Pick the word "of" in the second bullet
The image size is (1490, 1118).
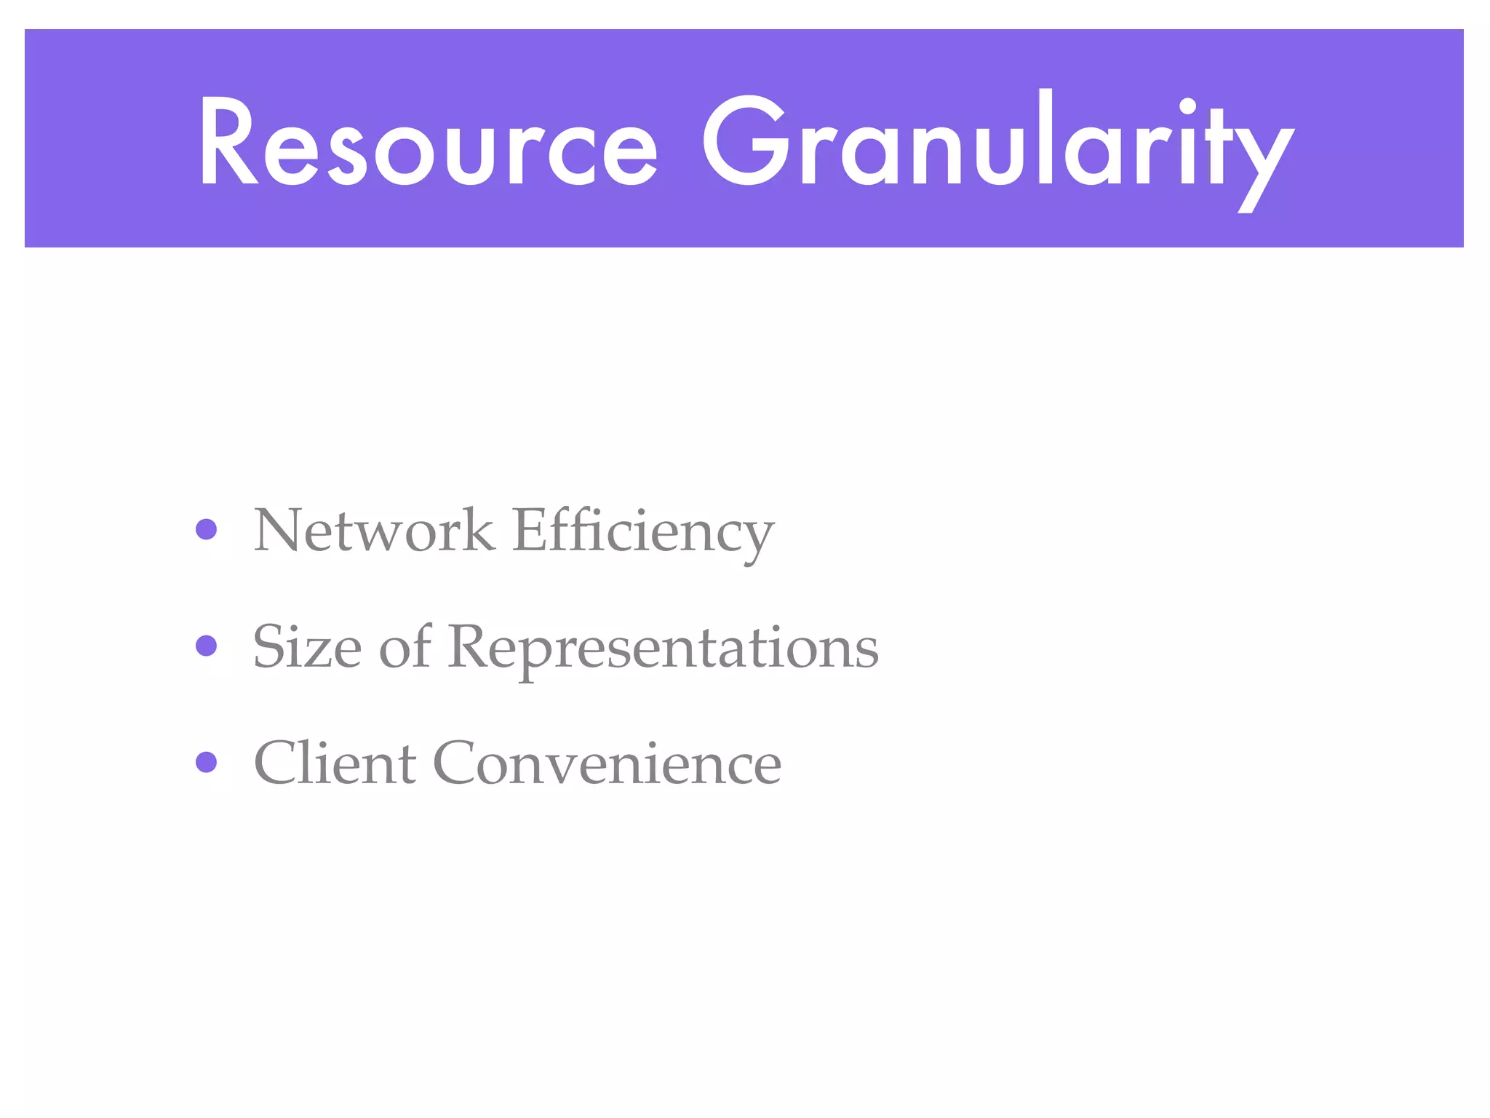point(405,646)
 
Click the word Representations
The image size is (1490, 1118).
point(663,648)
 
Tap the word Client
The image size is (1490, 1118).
point(335,763)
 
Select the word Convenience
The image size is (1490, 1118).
point(607,763)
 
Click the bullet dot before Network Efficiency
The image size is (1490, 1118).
point(207,529)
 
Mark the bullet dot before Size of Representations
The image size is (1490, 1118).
point(207,646)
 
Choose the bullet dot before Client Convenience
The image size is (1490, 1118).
point(207,762)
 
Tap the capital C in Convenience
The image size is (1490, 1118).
point(456,763)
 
